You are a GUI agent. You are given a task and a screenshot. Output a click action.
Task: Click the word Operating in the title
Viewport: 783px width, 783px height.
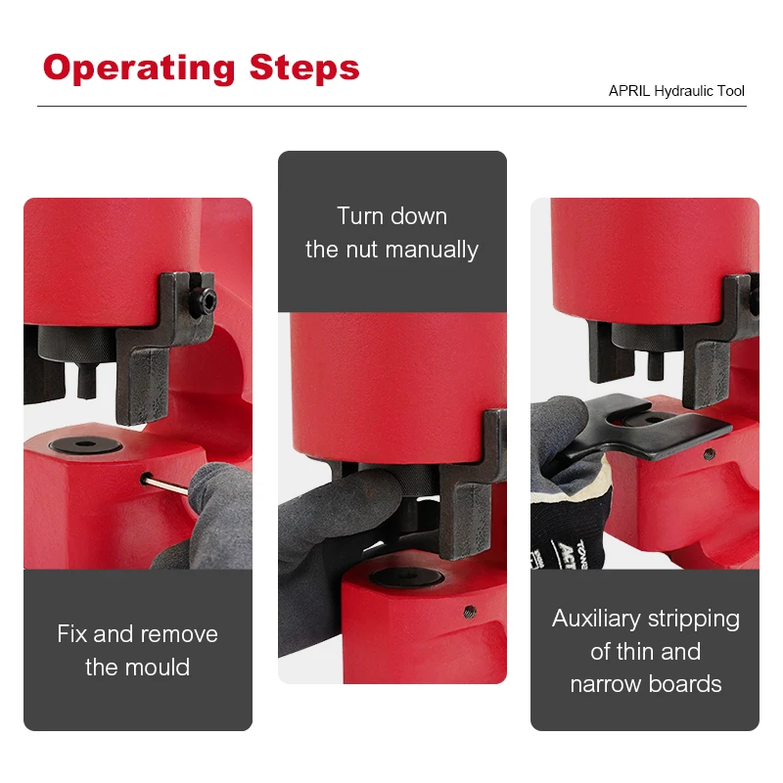139,69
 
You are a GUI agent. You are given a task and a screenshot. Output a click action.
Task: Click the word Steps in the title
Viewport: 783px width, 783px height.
304,69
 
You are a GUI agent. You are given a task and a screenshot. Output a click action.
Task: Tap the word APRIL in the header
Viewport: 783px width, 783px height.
627,91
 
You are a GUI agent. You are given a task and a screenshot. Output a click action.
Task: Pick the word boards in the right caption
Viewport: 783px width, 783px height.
693,684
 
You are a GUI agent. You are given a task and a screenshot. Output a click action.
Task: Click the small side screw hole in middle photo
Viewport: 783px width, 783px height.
469,613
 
